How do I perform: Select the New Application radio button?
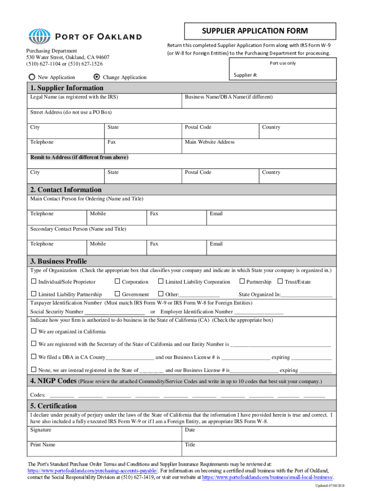(x=32, y=77)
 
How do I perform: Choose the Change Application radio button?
(x=97, y=77)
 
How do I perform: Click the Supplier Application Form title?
(x=254, y=31)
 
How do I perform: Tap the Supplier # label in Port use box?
(x=246, y=75)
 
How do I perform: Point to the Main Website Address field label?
(x=210, y=142)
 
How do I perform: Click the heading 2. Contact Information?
(x=66, y=189)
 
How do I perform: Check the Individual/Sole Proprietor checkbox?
(x=34, y=282)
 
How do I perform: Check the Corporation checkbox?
(x=117, y=282)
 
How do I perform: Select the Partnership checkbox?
(x=242, y=282)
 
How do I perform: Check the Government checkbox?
(x=117, y=294)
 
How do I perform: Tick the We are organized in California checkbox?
(x=34, y=331)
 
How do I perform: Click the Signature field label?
(x=41, y=430)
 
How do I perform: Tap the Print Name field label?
(x=43, y=444)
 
